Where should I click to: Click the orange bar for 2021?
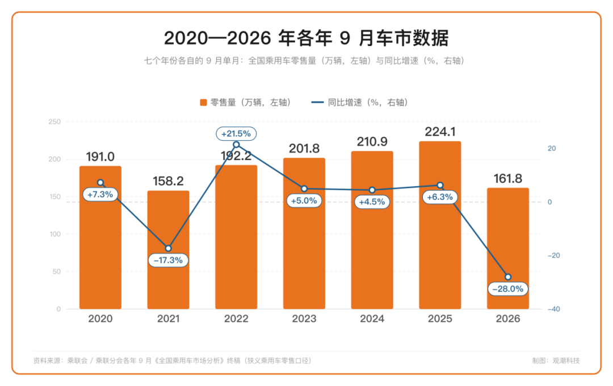[168, 250]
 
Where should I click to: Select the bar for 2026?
[508, 248]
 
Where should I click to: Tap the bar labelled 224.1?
[440, 225]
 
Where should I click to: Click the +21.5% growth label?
[236, 134]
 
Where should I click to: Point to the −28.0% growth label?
[508, 289]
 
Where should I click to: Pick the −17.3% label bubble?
[168, 260]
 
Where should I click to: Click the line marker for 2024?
[372, 190]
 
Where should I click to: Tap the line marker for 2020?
[100, 183]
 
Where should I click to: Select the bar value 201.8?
[304, 149]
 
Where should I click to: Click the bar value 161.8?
[508, 179]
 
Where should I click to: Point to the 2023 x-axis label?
[304, 318]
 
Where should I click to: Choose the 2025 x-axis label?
[440, 318]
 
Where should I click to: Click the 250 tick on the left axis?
[54, 122]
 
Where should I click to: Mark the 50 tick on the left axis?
[57, 272]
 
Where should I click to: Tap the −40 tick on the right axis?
[553, 309]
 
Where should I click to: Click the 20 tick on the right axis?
[552, 149]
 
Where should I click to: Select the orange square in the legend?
[203, 103]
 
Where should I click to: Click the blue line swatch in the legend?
[317, 103]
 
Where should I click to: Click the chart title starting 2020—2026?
[306, 38]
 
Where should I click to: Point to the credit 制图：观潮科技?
[556, 360]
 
